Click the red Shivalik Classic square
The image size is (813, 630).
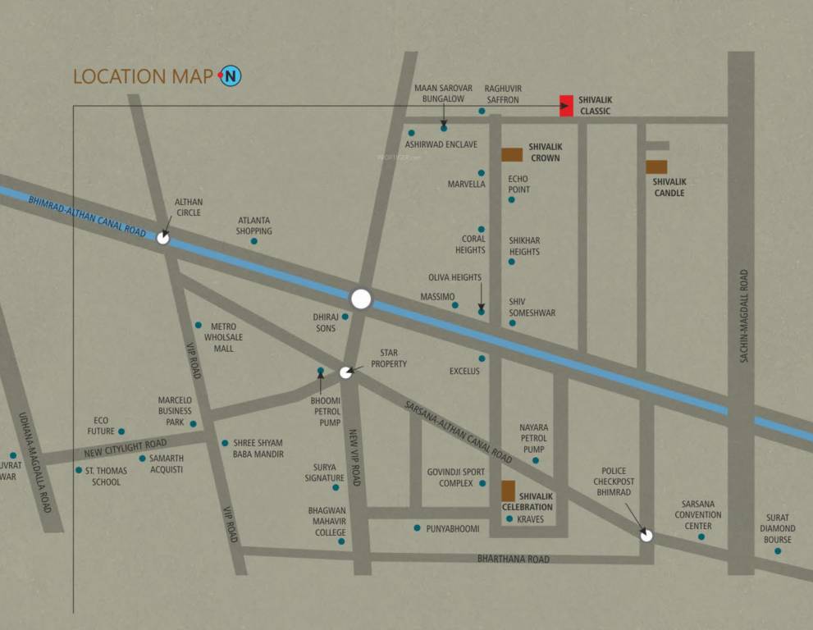566,105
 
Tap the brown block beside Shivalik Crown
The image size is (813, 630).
512,154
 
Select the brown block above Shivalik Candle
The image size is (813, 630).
656,167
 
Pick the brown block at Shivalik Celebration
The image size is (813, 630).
509,491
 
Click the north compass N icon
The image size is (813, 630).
231,76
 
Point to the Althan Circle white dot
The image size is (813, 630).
163,238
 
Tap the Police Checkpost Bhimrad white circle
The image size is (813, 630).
646,536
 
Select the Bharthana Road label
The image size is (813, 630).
514,559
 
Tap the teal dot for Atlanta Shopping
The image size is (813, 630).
254,241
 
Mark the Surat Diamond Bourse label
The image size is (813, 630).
777,528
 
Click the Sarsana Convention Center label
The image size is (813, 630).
698,515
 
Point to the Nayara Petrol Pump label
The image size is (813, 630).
533,438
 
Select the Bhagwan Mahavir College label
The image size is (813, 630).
327,521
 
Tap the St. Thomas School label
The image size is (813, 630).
106,477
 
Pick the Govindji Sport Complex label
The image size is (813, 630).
455,477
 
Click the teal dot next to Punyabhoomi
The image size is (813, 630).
417,528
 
